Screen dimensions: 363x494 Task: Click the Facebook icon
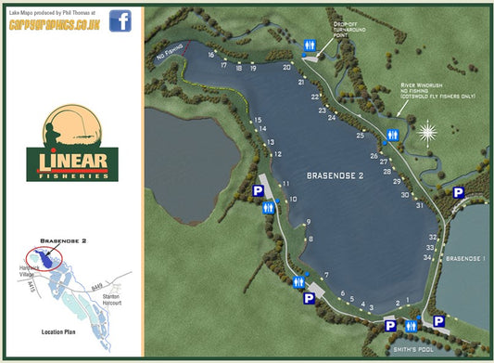[x=120, y=19]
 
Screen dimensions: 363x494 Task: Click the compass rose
[x=426, y=134]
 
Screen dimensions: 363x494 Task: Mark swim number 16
[x=211, y=56]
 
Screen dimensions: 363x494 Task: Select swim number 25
[x=361, y=136]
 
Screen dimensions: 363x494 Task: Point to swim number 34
[x=427, y=257]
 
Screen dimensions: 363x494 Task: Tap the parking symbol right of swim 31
[x=458, y=192]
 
